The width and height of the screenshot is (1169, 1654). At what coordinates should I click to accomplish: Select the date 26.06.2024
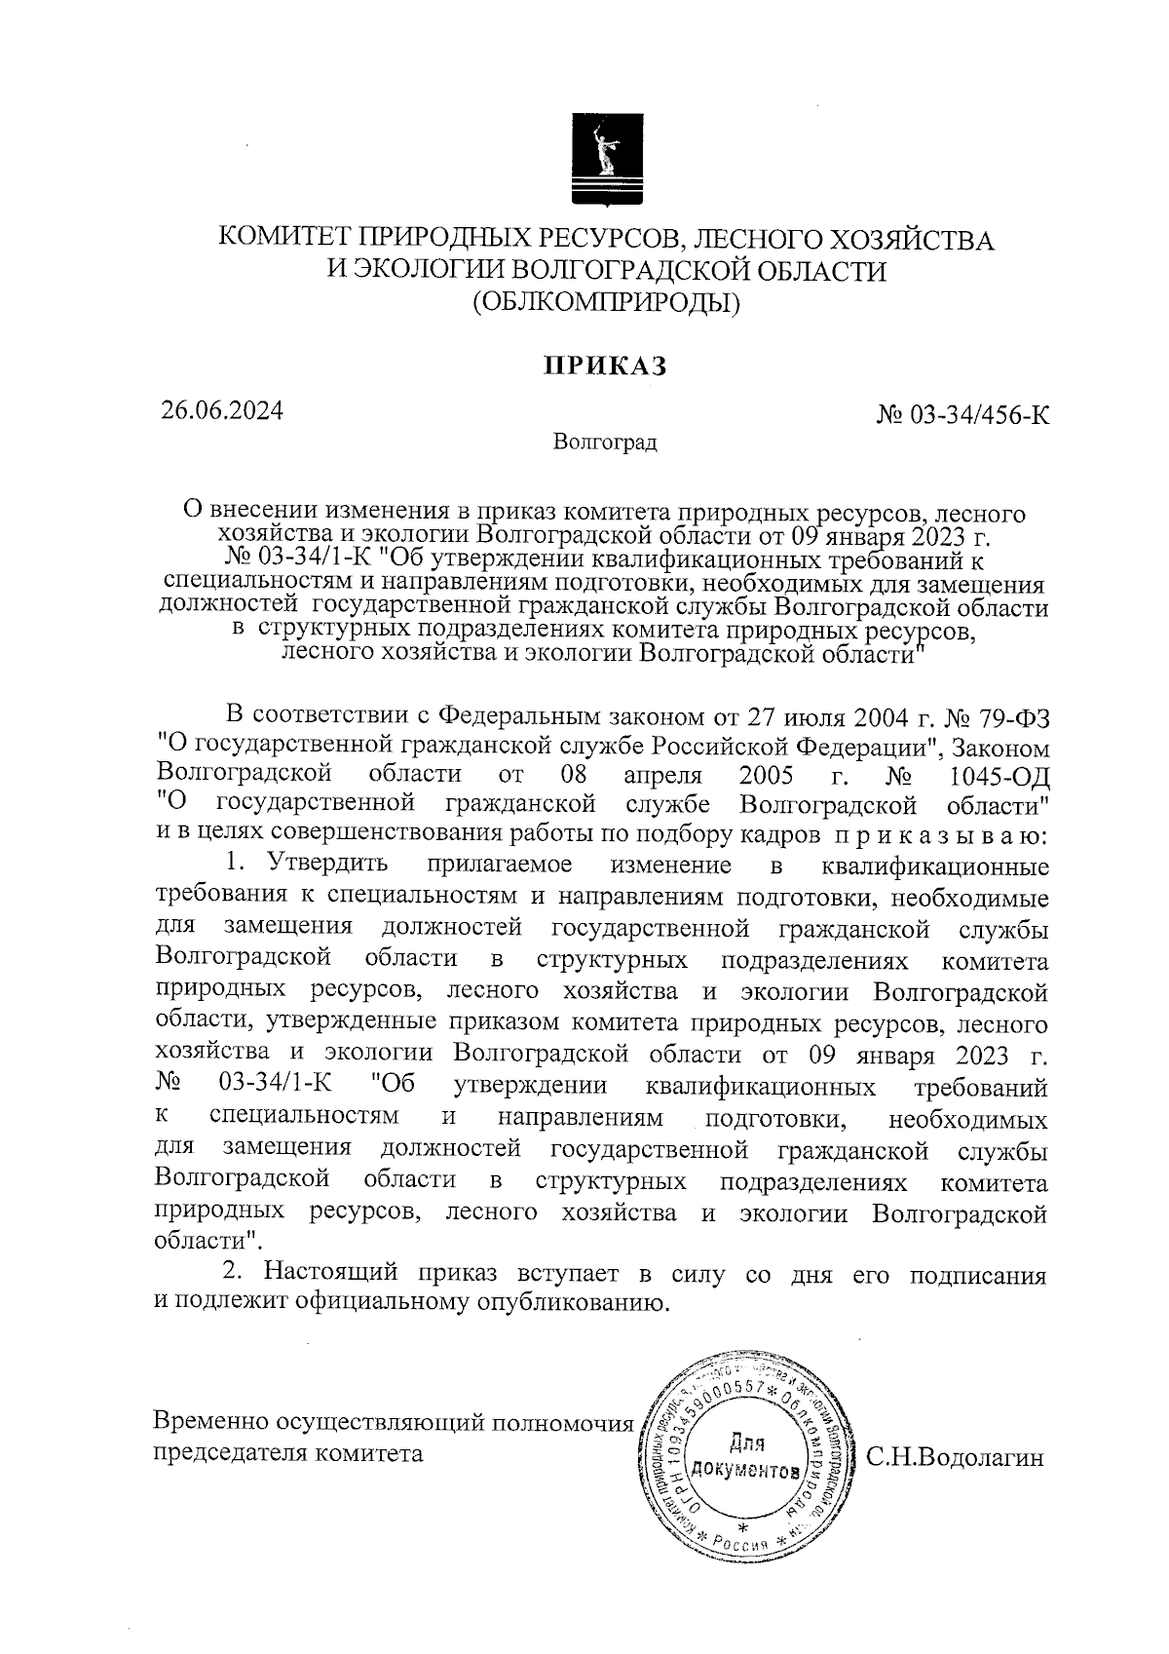click(x=222, y=410)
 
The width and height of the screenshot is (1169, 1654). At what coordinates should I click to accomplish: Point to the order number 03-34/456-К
click(x=977, y=416)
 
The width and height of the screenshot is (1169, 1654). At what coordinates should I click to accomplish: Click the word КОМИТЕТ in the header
click(x=283, y=239)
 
